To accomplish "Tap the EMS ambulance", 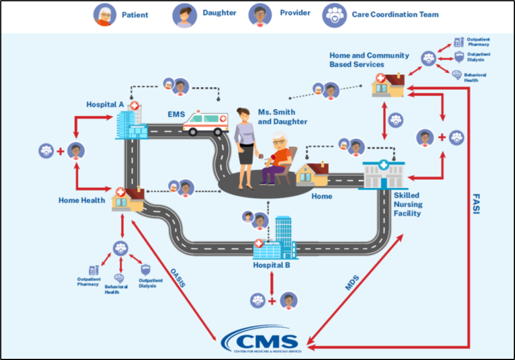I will [205, 122].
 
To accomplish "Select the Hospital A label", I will [105, 104].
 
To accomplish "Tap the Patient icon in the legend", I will [104, 14].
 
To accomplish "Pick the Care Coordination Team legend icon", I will [334, 14].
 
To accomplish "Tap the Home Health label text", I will [81, 200].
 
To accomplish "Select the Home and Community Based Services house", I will [387, 84].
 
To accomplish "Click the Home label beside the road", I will [321, 196].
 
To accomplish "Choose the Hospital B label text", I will [272, 266].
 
